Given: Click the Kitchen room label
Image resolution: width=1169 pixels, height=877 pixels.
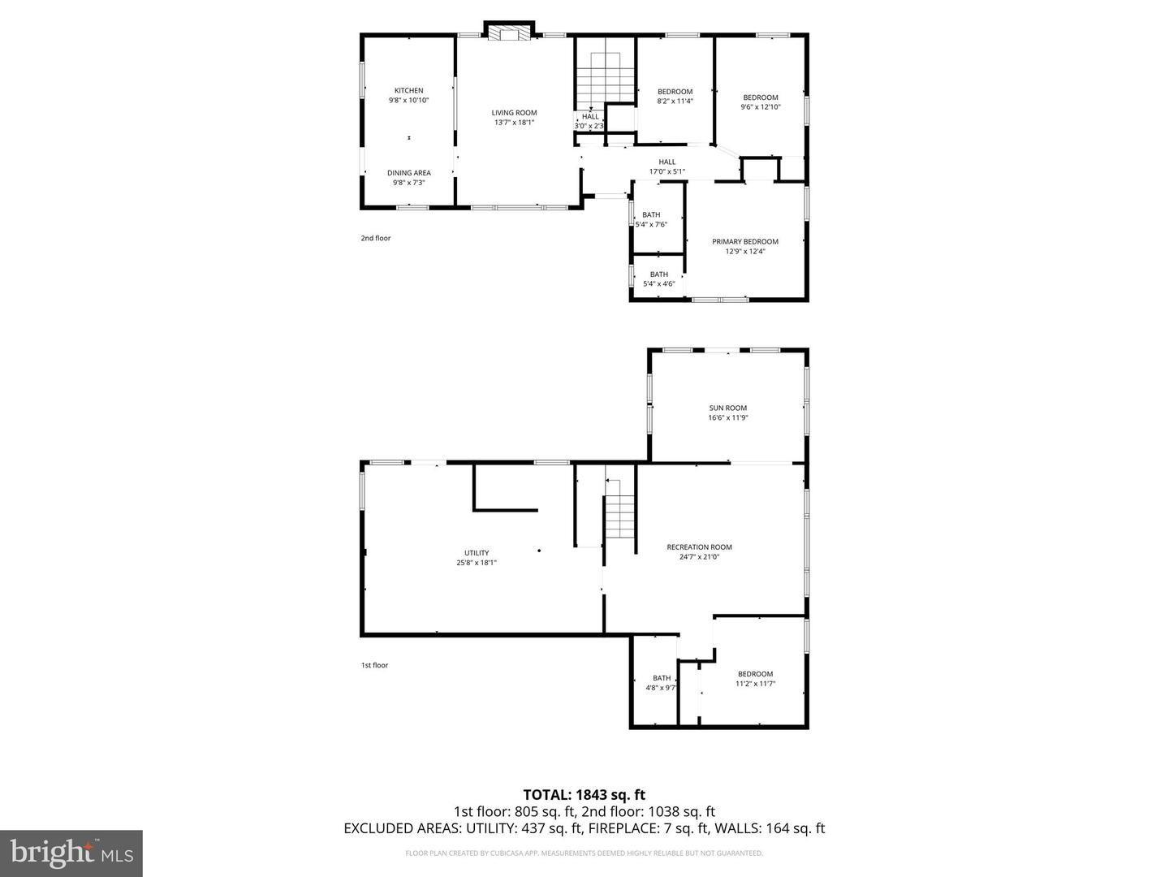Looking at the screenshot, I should [x=408, y=91].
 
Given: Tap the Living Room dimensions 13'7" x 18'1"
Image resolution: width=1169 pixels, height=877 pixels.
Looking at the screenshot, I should [x=514, y=123].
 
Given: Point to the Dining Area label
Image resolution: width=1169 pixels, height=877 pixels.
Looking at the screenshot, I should [x=408, y=173].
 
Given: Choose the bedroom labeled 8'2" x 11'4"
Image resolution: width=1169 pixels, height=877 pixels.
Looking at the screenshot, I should [x=675, y=97].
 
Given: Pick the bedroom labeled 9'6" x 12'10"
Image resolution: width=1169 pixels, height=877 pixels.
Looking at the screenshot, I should [x=760, y=102].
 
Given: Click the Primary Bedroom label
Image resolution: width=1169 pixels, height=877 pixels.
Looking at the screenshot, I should [x=744, y=242].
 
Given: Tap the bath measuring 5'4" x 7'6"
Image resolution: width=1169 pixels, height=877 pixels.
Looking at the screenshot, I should [x=651, y=220].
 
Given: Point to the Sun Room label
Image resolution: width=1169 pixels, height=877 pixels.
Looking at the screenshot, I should [x=727, y=408].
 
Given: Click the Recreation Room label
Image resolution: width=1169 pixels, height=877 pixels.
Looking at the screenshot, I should [x=699, y=547].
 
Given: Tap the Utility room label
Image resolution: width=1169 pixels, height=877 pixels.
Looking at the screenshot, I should [x=477, y=553].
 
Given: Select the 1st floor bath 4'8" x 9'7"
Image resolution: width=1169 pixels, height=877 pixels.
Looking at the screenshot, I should [x=662, y=683].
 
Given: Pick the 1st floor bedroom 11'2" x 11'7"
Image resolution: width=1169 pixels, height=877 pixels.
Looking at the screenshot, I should [x=755, y=679].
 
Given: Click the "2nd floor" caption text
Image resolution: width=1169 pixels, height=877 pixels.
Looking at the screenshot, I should [x=376, y=238].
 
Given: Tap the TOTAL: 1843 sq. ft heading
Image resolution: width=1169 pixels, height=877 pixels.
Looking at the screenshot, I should [x=584, y=794].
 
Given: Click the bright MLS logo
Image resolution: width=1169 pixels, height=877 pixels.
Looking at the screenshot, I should [x=71, y=853].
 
